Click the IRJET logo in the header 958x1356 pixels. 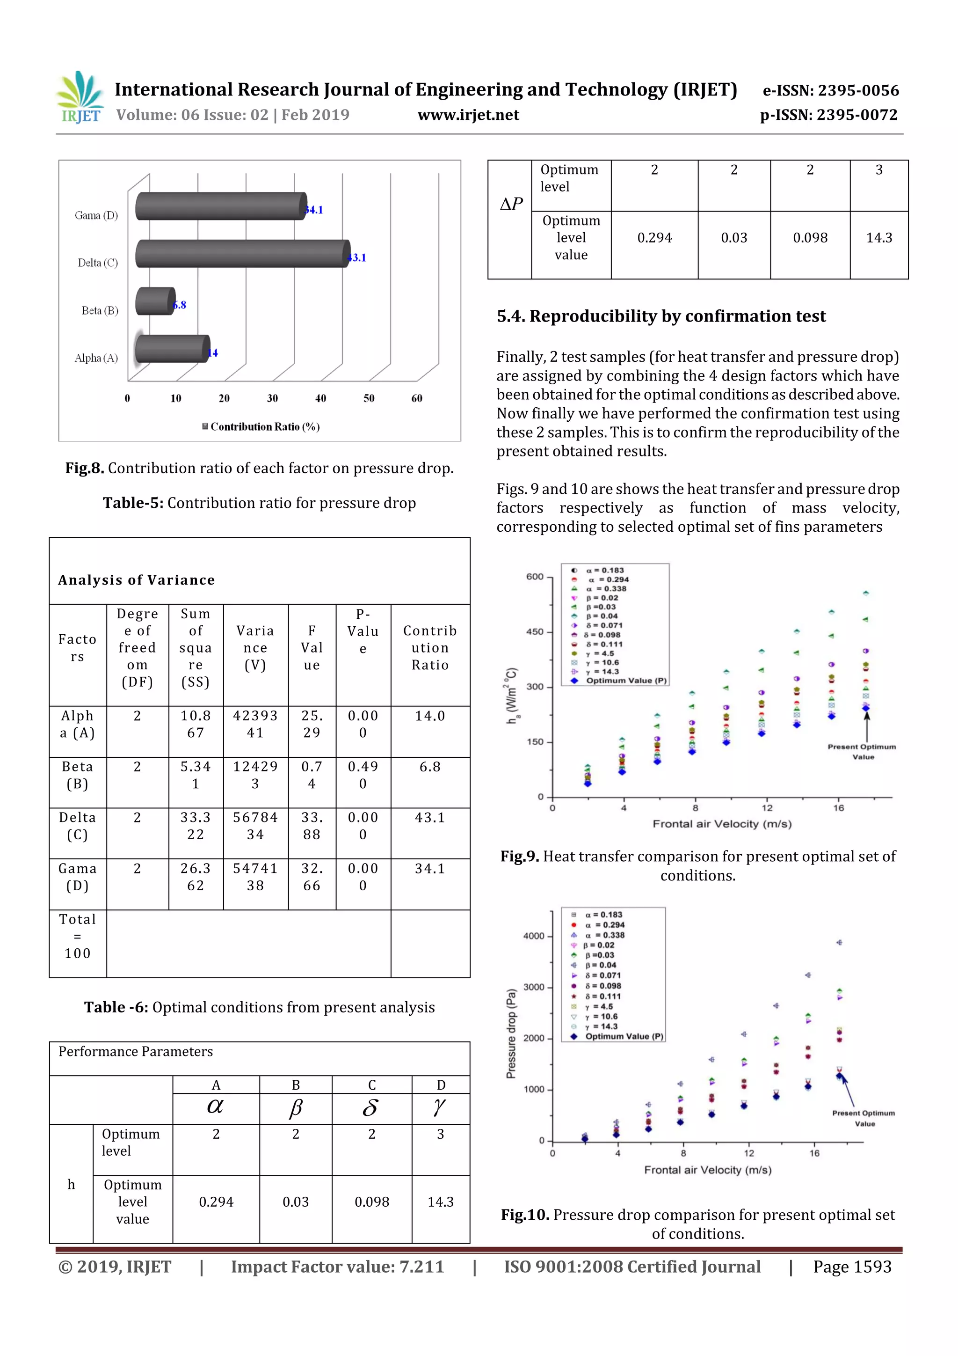click(80, 97)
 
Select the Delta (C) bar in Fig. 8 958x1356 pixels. click(242, 254)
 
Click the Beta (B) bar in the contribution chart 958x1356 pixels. click(155, 301)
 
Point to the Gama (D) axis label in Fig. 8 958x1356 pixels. click(96, 216)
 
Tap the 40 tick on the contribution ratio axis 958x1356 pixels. click(320, 398)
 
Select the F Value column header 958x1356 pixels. click(312, 647)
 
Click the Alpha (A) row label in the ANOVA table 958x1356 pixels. click(77, 724)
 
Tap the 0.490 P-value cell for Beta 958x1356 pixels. click(363, 775)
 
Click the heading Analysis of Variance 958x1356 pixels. click(136, 580)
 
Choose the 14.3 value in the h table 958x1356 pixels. click(440, 1202)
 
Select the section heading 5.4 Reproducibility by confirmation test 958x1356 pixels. click(661, 316)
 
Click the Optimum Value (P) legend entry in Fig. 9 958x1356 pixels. click(626, 681)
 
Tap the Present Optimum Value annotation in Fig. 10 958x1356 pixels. click(864, 1118)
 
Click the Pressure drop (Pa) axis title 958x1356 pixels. click(511, 1033)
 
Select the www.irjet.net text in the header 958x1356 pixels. click(468, 115)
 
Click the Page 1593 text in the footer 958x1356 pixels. click(852, 1266)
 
